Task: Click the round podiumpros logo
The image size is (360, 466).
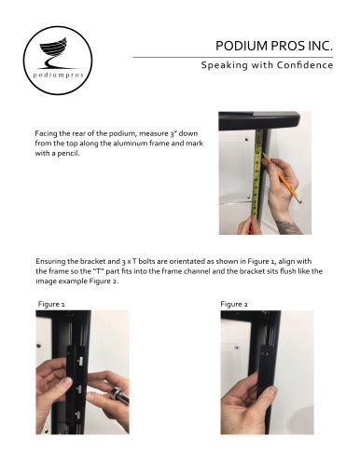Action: [x=58, y=61]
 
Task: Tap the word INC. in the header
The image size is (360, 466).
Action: [x=321, y=46]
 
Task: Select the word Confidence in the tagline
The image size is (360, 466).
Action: [x=305, y=65]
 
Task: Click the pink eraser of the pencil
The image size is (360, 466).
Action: [x=299, y=200]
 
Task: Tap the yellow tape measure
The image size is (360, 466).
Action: [x=257, y=174]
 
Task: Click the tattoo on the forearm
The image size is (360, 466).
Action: [x=288, y=226]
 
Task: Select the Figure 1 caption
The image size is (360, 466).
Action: [x=51, y=304]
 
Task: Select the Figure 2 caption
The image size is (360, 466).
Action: [x=234, y=304]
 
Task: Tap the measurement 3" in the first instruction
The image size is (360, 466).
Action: [x=173, y=133]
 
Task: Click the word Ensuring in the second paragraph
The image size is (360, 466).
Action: [x=48, y=261]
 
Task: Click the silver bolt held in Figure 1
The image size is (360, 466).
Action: [x=118, y=394]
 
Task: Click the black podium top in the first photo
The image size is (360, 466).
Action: [x=259, y=120]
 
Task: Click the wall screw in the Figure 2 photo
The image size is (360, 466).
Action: [x=237, y=348]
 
